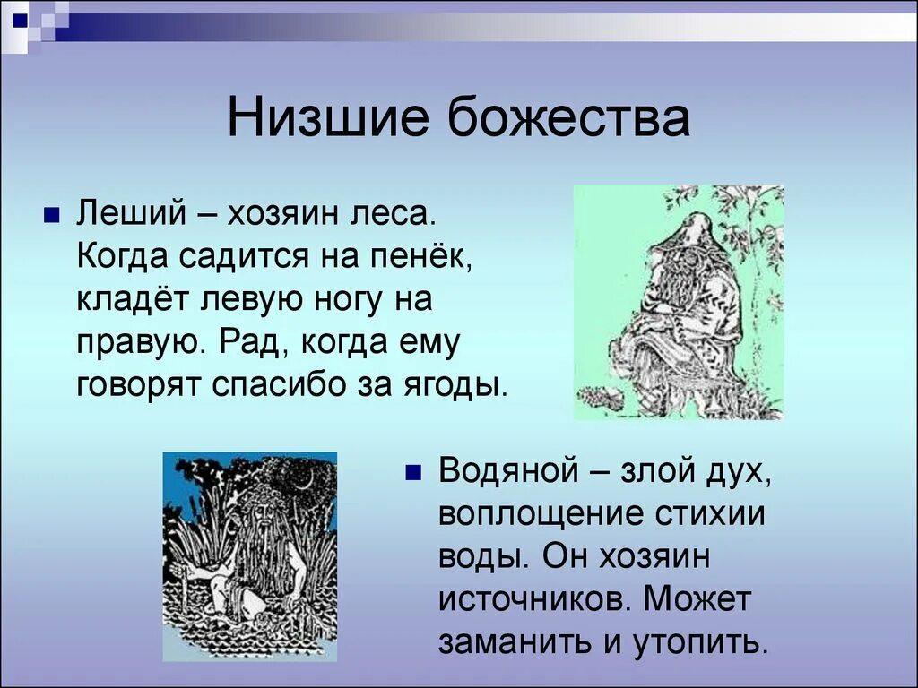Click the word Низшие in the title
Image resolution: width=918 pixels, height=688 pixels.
pos(329,120)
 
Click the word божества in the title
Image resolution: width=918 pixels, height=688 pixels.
pos(570,120)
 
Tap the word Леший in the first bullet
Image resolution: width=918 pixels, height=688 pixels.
pos(131,214)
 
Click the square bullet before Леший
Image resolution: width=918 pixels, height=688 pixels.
pos(52,216)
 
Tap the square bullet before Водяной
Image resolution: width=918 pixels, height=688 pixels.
pos(413,472)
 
